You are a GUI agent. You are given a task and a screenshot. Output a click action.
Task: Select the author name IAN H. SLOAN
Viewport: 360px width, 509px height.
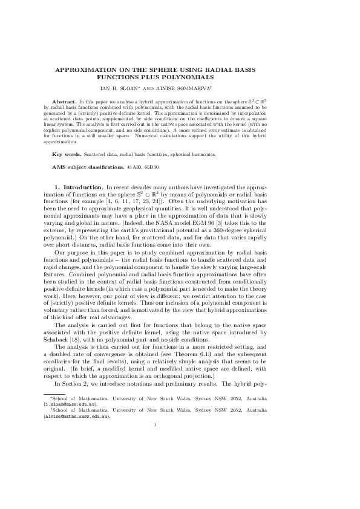pos(146,86)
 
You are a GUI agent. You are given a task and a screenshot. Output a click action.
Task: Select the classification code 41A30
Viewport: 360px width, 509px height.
pos(141,165)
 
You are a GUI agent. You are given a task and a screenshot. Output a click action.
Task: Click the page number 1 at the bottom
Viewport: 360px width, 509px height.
pos(155,424)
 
